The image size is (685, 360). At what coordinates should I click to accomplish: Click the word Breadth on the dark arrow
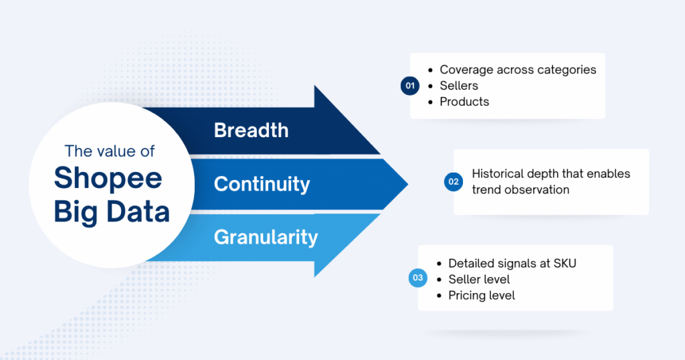click(x=252, y=130)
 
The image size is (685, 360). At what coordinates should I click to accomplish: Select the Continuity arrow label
click(x=262, y=185)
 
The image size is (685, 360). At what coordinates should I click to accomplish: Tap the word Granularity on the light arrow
click(x=266, y=238)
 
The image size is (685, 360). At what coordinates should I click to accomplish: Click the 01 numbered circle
click(x=410, y=86)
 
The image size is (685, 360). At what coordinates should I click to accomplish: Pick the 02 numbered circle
click(x=454, y=182)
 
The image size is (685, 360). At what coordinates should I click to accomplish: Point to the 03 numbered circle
click(x=417, y=278)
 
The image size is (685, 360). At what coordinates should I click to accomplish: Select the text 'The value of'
click(x=110, y=151)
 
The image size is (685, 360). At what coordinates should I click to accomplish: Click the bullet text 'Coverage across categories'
click(x=518, y=70)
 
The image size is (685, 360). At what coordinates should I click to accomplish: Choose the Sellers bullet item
click(x=459, y=86)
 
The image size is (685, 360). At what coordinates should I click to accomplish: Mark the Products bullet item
click(x=464, y=102)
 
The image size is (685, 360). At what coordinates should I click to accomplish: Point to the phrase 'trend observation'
click(x=520, y=190)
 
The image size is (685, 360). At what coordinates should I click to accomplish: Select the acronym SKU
click(x=565, y=264)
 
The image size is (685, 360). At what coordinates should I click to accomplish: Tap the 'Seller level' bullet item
click(x=479, y=280)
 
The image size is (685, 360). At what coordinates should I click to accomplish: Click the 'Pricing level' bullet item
click(x=482, y=296)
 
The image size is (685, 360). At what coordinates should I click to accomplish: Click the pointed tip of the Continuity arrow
click(x=407, y=185)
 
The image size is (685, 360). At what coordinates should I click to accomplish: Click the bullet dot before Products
click(x=431, y=102)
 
